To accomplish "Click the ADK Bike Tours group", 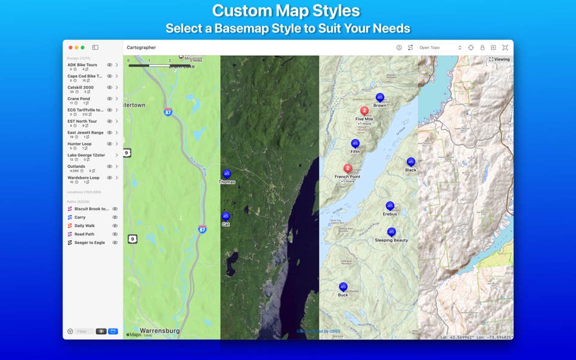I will coord(82,65).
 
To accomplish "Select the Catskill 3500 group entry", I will coord(81,87).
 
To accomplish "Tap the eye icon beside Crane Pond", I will coord(110,99).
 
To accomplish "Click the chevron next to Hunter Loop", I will coord(117,144).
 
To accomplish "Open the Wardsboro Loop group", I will coord(83,178).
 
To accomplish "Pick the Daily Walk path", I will coord(84,225).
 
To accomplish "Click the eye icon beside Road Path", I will coord(115,234).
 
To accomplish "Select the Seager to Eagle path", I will coord(89,242).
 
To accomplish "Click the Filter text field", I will coord(84,332).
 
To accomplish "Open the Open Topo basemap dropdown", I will coord(440,47).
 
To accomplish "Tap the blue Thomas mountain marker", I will coord(227,174).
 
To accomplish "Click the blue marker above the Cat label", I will coord(226,216).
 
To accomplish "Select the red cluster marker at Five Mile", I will coord(364,111).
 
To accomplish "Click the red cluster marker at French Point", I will coord(348,168).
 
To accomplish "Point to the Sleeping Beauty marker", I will coord(391,232).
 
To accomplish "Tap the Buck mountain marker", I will coord(343,287).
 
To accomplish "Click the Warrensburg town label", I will coord(159,331).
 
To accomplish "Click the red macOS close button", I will coord(70,47).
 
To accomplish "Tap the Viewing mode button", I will coord(500,59).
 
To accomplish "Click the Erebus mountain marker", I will coord(390,206).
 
